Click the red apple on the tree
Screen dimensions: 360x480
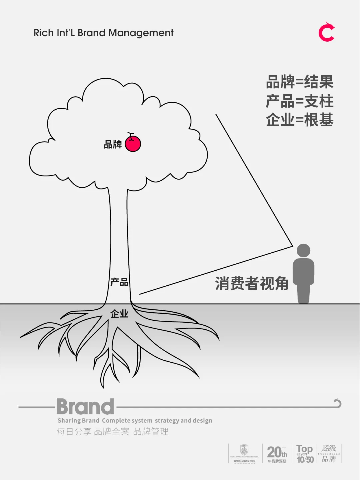click(133, 144)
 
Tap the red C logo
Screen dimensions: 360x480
click(326, 32)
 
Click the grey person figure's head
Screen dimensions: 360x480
click(303, 250)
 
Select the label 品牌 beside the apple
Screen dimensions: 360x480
click(113, 145)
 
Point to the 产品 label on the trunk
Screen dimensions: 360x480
click(119, 282)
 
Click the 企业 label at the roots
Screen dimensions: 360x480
click(119, 314)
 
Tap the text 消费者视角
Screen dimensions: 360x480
click(251, 284)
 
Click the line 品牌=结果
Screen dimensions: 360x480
click(299, 82)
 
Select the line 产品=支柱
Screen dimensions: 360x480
click(299, 101)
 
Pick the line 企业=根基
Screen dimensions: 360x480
click(299, 120)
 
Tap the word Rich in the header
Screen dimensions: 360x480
click(44, 33)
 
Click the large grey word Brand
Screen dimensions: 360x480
click(85, 407)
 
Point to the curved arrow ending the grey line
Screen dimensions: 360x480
click(337, 403)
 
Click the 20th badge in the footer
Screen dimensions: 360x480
click(277, 453)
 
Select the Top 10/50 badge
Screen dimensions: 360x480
click(305, 454)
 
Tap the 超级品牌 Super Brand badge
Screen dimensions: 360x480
click(329, 453)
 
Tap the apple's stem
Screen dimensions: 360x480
click(131, 135)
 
